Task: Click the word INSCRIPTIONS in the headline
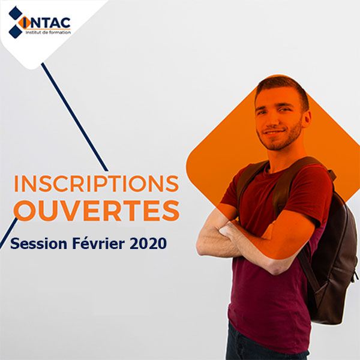(97, 184)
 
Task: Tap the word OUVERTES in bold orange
(97, 211)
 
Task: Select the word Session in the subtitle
(38, 244)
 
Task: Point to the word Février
(99, 244)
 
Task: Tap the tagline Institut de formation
(48, 32)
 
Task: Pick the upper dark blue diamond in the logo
(16, 13)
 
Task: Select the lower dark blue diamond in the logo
(16, 31)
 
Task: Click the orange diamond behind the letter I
(25, 23)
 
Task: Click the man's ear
(307, 119)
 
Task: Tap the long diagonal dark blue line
(74, 117)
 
